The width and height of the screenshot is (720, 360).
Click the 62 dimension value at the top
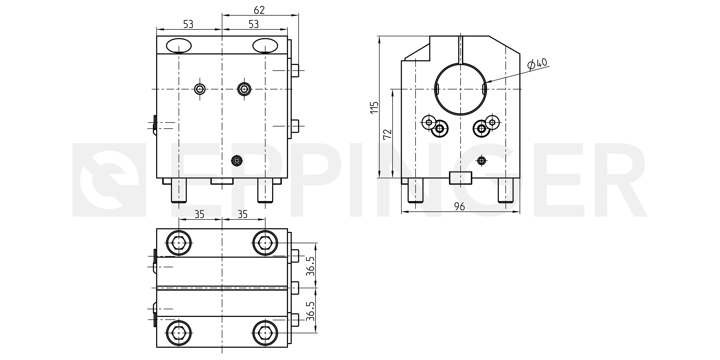259,10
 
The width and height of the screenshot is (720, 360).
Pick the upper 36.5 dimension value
310,266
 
